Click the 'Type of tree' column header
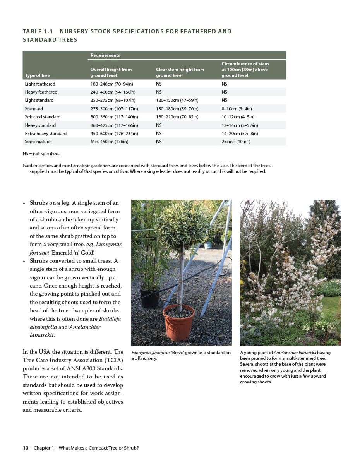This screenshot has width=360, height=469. point(37,75)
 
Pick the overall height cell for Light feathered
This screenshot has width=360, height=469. point(111,84)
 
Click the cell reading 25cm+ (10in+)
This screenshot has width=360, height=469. point(236,142)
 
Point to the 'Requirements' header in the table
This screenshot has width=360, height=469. point(105,55)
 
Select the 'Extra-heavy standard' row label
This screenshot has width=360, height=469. point(46,134)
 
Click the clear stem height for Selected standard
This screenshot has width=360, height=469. point(177,117)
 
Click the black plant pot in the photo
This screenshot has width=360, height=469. point(149,298)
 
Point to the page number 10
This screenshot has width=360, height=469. point(26,448)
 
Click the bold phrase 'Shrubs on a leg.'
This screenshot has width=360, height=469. point(50,203)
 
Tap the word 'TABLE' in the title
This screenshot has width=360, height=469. point(33,31)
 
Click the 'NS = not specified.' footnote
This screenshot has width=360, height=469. point(41,154)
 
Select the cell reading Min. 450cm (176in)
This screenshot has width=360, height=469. point(109,142)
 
